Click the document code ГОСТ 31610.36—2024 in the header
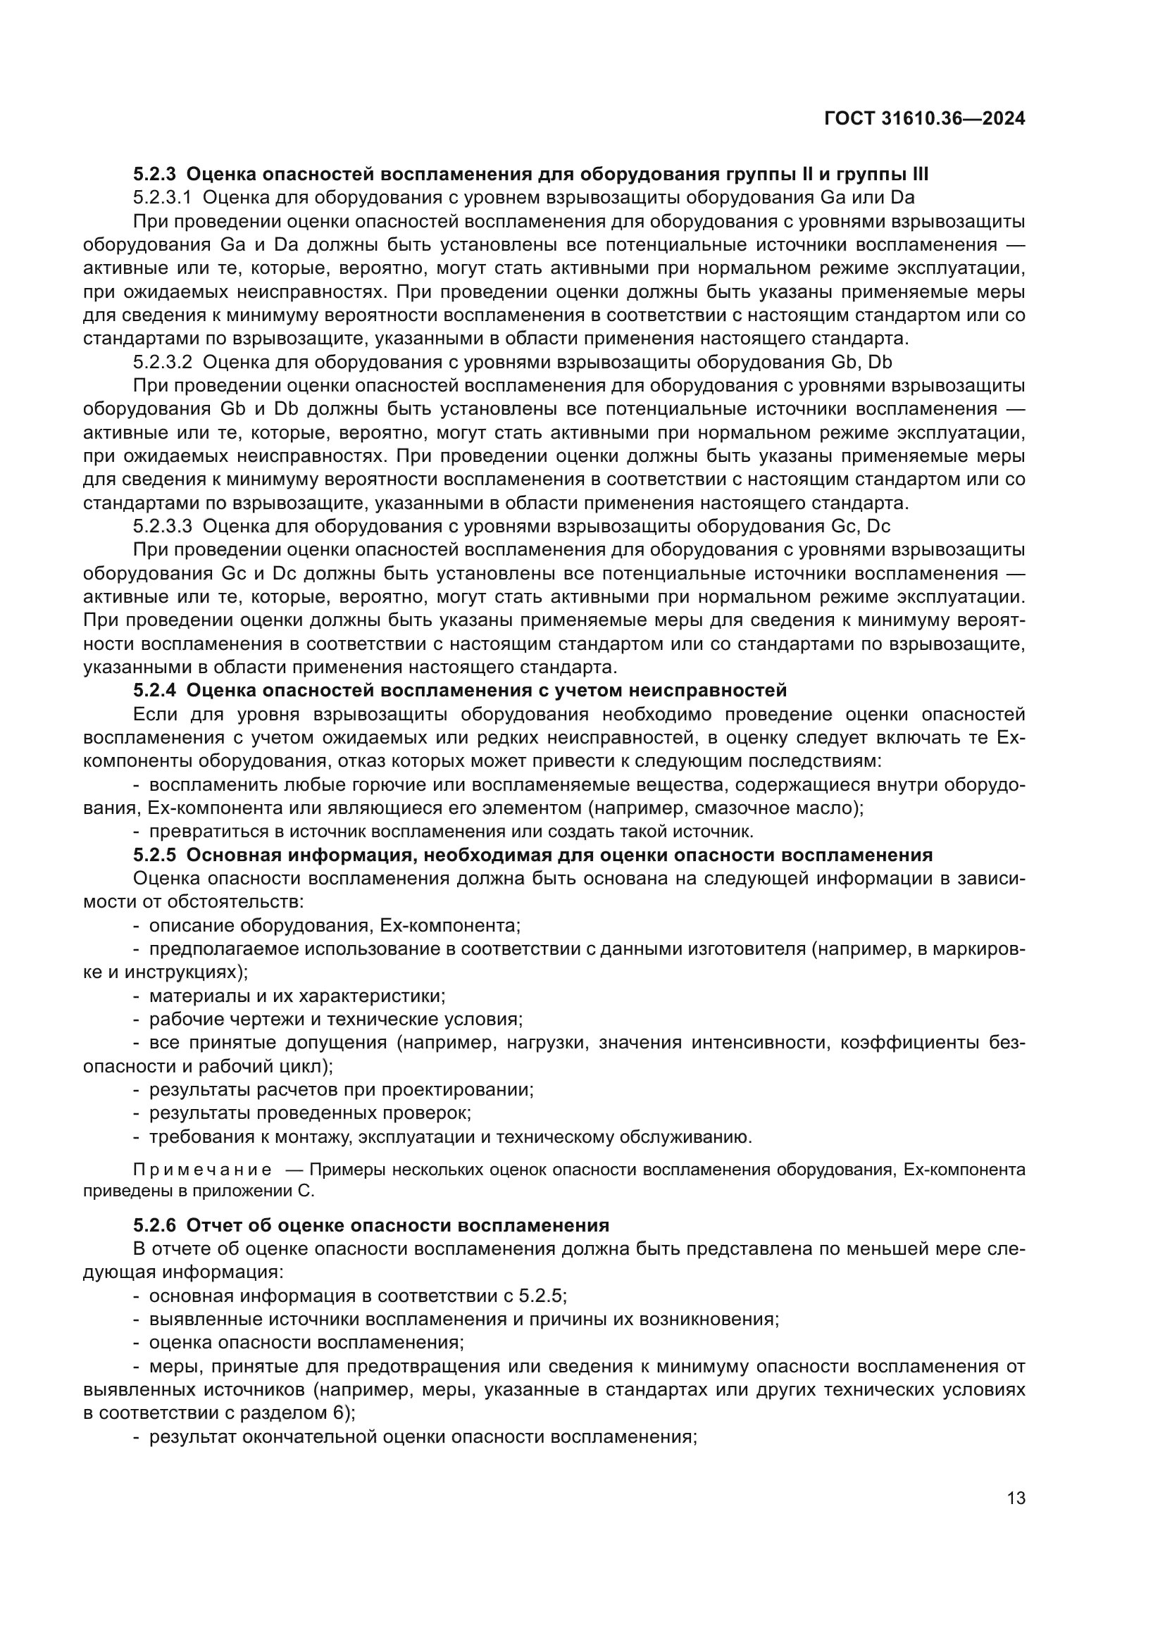coord(925,118)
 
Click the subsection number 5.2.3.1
coord(162,197)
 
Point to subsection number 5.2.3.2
coord(162,361)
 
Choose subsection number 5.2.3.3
coord(162,526)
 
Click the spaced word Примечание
coord(203,1170)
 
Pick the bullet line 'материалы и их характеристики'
coord(297,996)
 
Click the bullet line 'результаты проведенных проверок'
coord(310,1113)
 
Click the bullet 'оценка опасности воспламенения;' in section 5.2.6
coord(306,1342)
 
